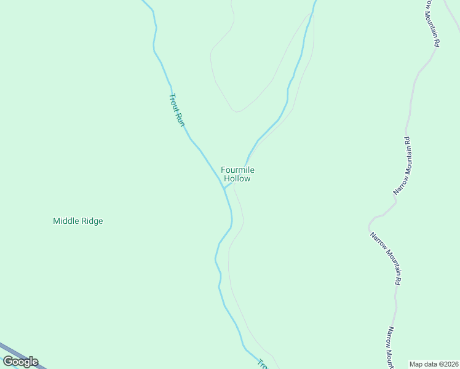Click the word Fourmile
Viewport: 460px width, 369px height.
coord(237,170)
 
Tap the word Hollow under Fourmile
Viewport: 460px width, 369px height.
coord(237,179)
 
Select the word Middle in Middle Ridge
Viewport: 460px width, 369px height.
coord(66,221)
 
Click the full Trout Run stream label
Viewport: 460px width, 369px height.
coord(176,109)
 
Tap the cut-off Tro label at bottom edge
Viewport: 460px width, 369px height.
coord(263,364)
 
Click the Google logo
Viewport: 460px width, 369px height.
coord(20,362)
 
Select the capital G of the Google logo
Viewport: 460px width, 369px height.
coord(9,362)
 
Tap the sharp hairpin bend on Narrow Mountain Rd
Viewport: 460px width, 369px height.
coord(371,222)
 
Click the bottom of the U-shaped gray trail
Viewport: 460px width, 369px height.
coord(236,111)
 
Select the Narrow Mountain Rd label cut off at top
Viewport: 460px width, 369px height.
coord(433,23)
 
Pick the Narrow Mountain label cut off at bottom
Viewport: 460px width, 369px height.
coord(390,347)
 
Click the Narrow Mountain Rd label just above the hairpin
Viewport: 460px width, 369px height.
coord(402,166)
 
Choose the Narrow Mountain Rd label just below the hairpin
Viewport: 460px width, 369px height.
coord(386,258)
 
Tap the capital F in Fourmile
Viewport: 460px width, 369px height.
coord(224,170)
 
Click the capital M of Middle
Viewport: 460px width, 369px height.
coord(57,221)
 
